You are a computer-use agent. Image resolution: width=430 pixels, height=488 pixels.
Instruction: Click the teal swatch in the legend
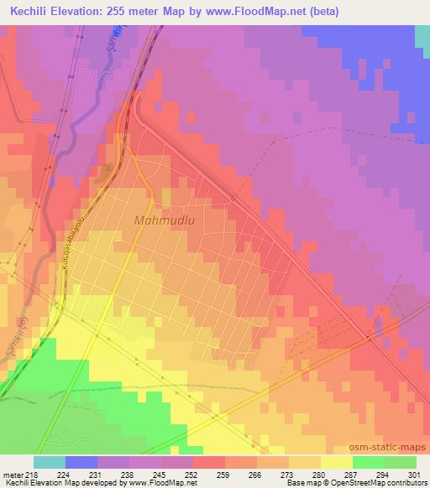[x=50, y=462]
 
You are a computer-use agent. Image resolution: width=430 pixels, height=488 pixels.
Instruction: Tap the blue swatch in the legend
[x=81, y=462]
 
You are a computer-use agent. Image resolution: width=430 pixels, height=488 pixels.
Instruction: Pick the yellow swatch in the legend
[x=337, y=462]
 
